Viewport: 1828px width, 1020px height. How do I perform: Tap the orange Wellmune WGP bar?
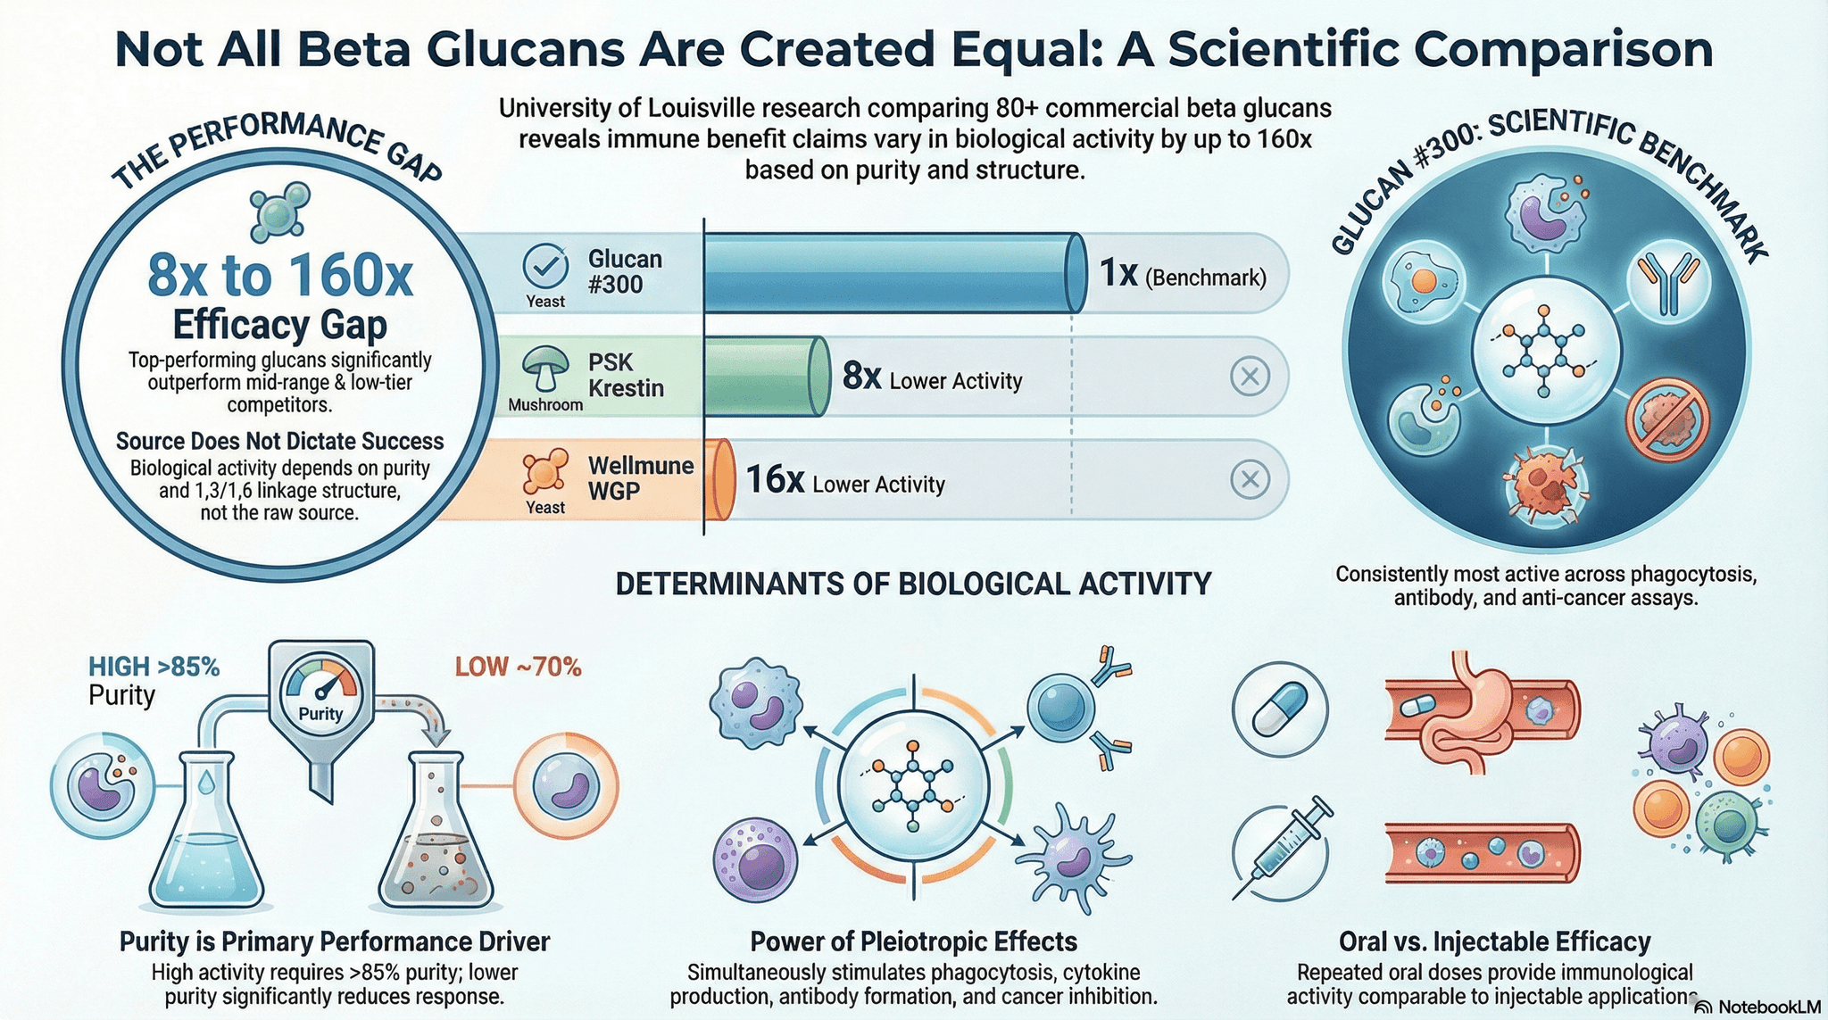click(719, 480)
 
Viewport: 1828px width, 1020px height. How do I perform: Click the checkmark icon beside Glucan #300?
click(545, 265)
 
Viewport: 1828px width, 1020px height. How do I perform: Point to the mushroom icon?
click(545, 368)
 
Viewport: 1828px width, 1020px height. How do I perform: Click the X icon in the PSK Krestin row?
click(1250, 377)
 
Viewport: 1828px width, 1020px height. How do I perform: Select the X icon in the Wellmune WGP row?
click(1250, 480)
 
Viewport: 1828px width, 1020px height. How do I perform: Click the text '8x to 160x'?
click(280, 275)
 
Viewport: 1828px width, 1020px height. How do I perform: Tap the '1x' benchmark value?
click(1118, 273)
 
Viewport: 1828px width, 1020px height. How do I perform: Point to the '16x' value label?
click(775, 480)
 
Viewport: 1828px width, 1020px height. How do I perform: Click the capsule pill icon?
click(1280, 710)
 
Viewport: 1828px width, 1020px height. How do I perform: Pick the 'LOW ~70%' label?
click(518, 667)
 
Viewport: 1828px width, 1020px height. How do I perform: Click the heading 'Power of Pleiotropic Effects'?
click(913, 941)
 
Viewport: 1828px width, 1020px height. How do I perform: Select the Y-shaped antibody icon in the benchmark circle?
click(1667, 282)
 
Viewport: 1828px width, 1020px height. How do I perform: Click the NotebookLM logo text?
click(1767, 1008)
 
